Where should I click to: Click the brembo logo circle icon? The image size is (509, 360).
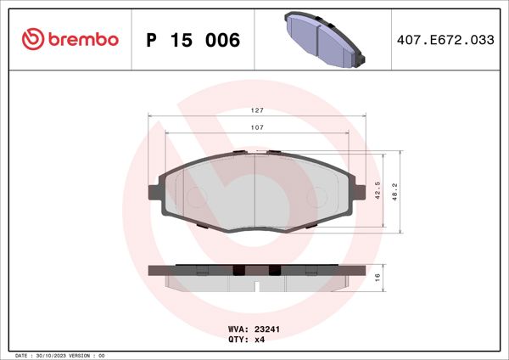point(31,39)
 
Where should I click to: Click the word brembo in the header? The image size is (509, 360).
point(83,39)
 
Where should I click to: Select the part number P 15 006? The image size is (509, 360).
point(193,40)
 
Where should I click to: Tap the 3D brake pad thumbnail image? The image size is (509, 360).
point(322,39)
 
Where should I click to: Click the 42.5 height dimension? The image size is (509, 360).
point(378,189)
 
